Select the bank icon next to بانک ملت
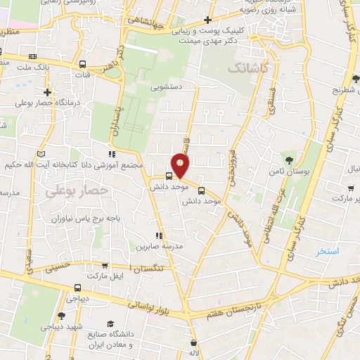[32, 56]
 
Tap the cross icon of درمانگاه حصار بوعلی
[47, 92]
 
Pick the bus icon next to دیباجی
[77, 287]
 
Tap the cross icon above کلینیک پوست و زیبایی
[207, 20]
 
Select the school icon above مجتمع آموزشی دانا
[111, 154]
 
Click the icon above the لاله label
[193, 343]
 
